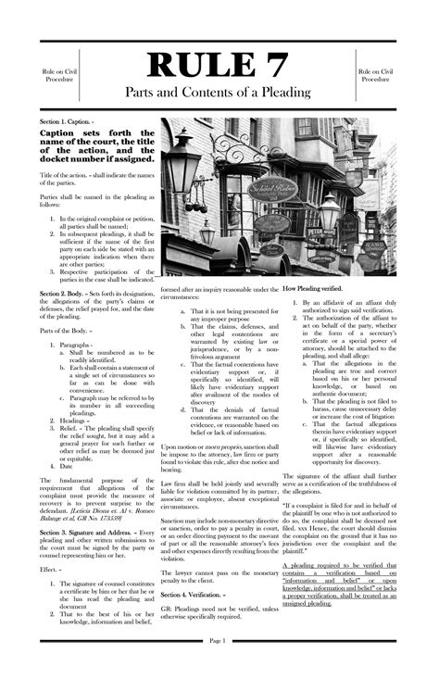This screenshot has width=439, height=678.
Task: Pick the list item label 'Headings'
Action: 75,421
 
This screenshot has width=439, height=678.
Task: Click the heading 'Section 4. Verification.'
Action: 193,593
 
